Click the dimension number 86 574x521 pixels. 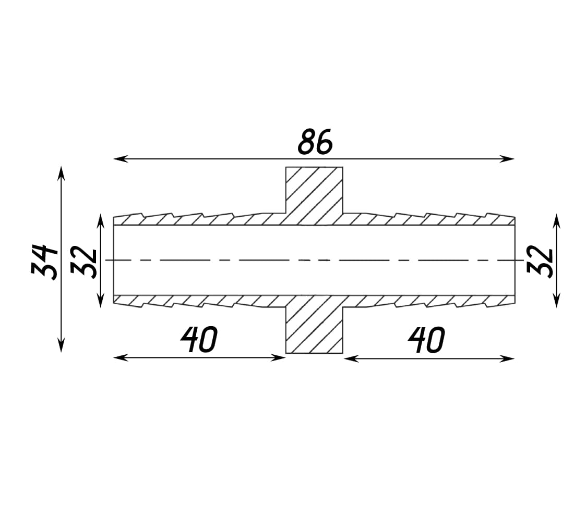point(315,142)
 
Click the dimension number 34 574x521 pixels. point(44,262)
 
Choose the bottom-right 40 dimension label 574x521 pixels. point(426,340)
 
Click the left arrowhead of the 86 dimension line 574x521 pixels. point(121,159)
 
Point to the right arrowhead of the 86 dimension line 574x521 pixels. point(507,159)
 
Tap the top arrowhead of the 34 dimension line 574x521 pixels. point(61,173)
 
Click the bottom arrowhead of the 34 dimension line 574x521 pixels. point(61,345)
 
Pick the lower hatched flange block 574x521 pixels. point(314,324)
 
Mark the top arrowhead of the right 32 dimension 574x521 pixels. point(557,221)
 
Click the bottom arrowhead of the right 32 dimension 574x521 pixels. point(557,300)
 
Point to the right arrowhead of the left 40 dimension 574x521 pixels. point(278,358)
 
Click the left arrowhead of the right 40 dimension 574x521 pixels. point(351,359)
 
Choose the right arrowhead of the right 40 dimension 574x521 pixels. point(507,359)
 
